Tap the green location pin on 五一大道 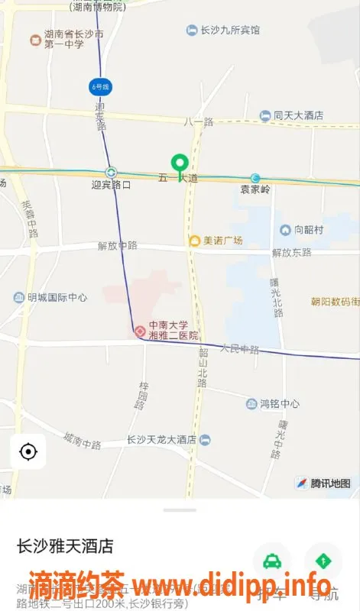pyautogui.click(x=180, y=163)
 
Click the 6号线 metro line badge pyautogui.click(x=100, y=86)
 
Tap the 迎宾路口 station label pyautogui.click(x=111, y=185)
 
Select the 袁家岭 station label pyautogui.click(x=255, y=189)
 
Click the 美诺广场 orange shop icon pyautogui.click(x=195, y=241)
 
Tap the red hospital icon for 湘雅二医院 pyautogui.click(x=140, y=331)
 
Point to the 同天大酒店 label pyautogui.click(x=298, y=115)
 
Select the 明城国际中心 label pyautogui.click(x=57, y=298)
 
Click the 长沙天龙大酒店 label pyautogui.click(x=161, y=440)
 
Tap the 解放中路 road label pyautogui.click(x=117, y=245)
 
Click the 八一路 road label pyautogui.click(x=198, y=121)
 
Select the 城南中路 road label pyautogui.click(x=83, y=441)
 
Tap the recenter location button pyautogui.click(x=28, y=452)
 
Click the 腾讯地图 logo pyautogui.click(x=323, y=483)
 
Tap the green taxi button pyautogui.click(x=271, y=562)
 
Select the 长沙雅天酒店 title pyautogui.click(x=66, y=546)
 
